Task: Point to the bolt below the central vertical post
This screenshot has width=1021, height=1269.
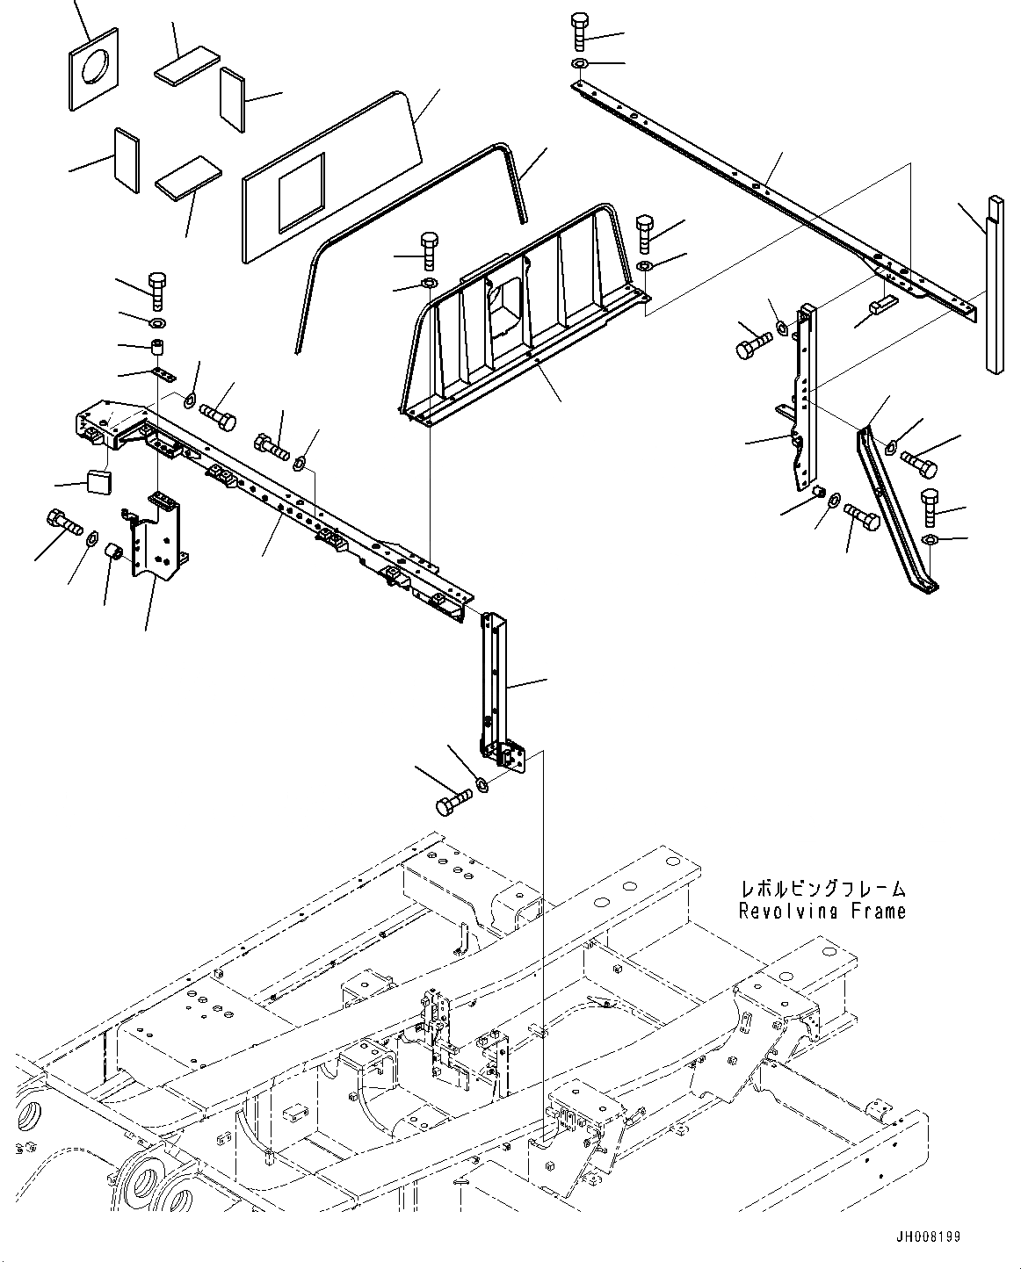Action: click(x=452, y=804)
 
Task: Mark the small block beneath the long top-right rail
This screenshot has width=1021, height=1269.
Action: click(x=881, y=304)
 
